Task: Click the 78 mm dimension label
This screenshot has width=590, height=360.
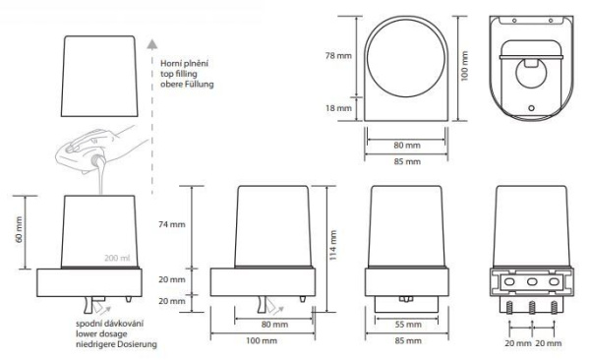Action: pyautogui.click(x=338, y=56)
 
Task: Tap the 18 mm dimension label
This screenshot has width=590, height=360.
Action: pyautogui.click(x=338, y=108)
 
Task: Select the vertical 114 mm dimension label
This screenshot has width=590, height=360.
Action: pyautogui.click(x=333, y=245)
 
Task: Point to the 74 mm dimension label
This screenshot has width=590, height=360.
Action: pyautogui.click(x=172, y=225)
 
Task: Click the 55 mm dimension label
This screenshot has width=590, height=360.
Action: pyautogui.click(x=408, y=325)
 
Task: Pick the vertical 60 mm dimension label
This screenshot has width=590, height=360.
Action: pyautogui.click(x=20, y=230)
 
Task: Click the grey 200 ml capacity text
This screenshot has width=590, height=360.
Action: pyautogui.click(x=117, y=258)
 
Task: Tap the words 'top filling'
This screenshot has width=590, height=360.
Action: pyautogui.click(x=179, y=74)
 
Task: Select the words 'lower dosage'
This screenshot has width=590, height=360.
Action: pyautogui.click(x=101, y=334)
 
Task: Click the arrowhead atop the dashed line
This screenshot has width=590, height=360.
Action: pyautogui.click(x=152, y=44)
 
